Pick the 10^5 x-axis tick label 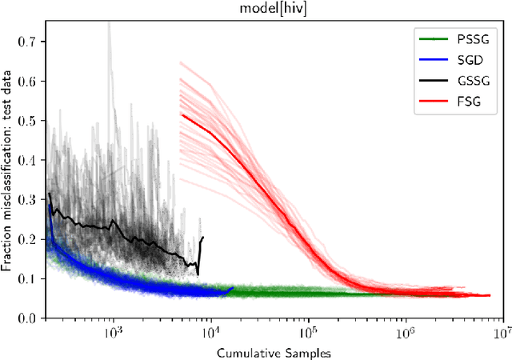(307, 332)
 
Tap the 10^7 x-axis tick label (502, 332)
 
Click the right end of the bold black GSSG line (203, 237)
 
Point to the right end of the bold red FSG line (490, 295)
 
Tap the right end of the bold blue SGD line (233, 288)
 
